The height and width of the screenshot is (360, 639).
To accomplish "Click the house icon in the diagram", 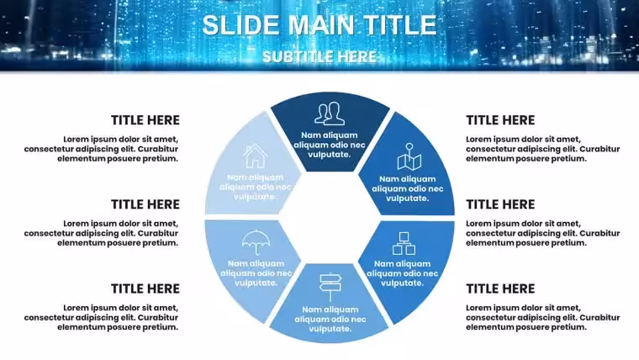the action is coord(255,156).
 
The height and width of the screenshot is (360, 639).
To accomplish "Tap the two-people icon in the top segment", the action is coord(330,114).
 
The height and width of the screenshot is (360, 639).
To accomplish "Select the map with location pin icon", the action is coord(409,156).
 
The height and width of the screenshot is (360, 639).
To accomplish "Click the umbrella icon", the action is coord(256,242).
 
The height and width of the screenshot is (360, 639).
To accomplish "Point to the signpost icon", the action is coord(330,287).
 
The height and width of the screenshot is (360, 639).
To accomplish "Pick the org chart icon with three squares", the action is coord(404,243).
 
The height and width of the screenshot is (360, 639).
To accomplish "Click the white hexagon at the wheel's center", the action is coord(330,218).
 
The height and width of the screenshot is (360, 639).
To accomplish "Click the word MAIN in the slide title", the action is coord(321,25).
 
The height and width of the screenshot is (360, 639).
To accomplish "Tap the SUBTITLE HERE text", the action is coord(319,56).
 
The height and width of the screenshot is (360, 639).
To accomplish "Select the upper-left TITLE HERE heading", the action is coord(145,120).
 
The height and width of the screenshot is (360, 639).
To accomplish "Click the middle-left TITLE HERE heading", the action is coord(145,204).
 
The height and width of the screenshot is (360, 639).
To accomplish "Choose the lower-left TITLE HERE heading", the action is coord(145,289).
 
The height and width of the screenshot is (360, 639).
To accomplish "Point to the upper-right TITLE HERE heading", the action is coord(500,120).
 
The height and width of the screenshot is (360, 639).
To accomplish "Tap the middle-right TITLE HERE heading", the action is coord(500,204).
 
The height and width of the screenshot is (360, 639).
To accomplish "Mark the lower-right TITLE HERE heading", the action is coord(500,289).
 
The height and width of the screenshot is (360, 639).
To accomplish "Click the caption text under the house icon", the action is coord(255,187).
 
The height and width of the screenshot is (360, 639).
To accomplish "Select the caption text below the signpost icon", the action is coord(330,320).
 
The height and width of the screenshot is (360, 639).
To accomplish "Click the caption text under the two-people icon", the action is coord(330,145).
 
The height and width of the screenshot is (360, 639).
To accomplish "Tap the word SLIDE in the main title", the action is coord(242,25).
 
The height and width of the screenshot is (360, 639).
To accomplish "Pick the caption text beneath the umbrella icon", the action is coord(256,273).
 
